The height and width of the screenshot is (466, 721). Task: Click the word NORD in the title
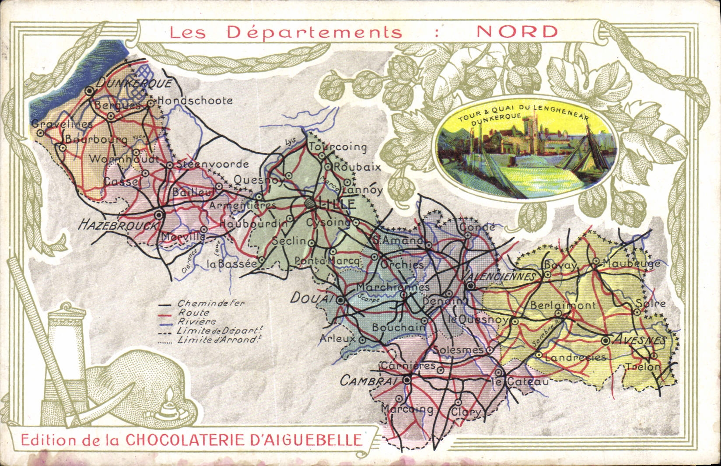point(517,32)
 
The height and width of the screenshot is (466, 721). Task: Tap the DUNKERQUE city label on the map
point(133,83)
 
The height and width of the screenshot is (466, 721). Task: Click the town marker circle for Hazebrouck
point(159,215)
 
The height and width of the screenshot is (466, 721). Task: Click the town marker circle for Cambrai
point(407,380)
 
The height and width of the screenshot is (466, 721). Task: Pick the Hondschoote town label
point(195,101)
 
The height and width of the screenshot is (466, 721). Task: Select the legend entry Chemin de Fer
point(210,303)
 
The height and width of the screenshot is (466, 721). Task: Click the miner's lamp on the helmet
point(168,406)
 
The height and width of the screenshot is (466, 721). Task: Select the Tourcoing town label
point(338,147)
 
